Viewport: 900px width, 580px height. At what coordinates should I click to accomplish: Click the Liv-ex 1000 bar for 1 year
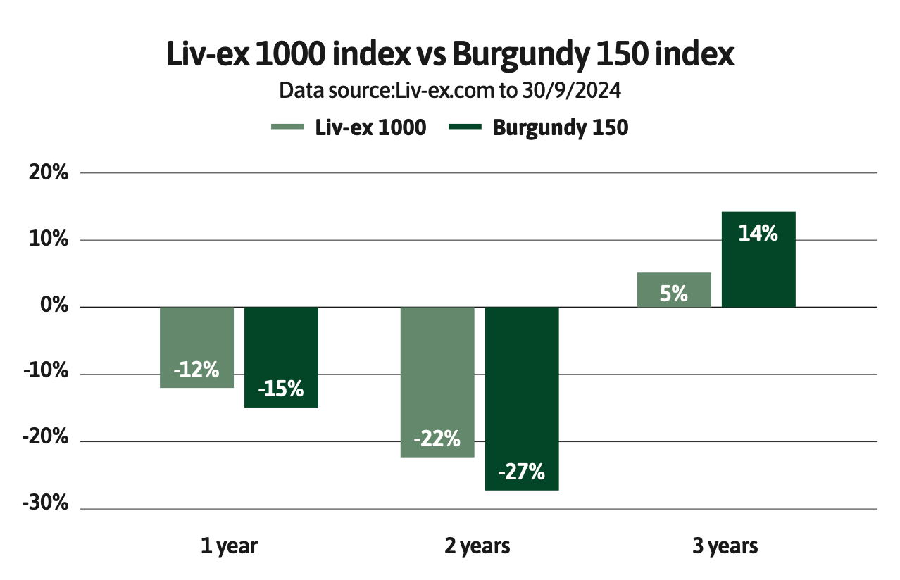click(x=196, y=347)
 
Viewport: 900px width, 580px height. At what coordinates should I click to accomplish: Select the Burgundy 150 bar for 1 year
click(x=281, y=357)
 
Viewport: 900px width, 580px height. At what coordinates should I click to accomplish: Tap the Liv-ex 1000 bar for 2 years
click(x=437, y=382)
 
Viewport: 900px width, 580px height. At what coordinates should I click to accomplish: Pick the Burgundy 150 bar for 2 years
click(x=522, y=398)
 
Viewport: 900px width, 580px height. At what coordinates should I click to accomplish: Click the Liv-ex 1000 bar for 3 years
click(x=674, y=289)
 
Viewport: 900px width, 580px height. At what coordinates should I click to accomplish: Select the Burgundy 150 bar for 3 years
click(x=758, y=259)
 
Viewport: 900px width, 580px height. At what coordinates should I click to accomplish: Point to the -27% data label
click(x=522, y=472)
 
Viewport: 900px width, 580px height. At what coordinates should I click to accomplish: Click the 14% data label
click(x=758, y=233)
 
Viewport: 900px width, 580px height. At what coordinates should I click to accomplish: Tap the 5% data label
click(x=674, y=294)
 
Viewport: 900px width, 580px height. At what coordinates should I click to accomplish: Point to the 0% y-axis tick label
click(x=54, y=307)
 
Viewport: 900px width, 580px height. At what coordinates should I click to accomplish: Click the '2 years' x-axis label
click(x=478, y=546)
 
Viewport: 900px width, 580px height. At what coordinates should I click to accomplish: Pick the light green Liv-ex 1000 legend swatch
click(x=287, y=127)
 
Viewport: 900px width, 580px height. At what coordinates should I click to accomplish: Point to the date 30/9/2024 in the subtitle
click(x=571, y=91)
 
